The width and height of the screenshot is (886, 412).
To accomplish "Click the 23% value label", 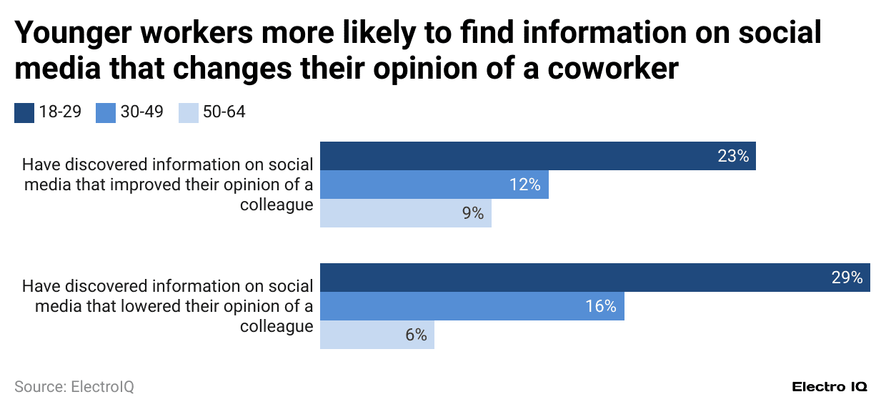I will (x=733, y=156).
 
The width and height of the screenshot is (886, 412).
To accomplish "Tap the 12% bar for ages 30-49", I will (x=434, y=185).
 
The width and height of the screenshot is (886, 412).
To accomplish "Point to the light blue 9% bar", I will (x=405, y=213).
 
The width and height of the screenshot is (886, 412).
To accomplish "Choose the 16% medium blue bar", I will (x=472, y=306).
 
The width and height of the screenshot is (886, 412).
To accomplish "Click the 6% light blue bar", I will (x=377, y=335).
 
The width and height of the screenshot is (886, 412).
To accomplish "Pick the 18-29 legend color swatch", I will (x=24, y=113).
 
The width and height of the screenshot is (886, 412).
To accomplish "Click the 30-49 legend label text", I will (x=141, y=112).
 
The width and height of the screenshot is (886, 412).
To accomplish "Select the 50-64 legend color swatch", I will (x=189, y=113).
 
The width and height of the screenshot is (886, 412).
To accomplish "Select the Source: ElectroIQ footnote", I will (x=74, y=387).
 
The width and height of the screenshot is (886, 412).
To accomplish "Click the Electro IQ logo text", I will (x=830, y=387).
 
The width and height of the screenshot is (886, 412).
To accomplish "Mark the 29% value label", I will (x=847, y=278).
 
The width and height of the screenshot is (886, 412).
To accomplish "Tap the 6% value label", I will (x=416, y=335).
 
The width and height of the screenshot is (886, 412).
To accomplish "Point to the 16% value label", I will (x=600, y=306).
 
